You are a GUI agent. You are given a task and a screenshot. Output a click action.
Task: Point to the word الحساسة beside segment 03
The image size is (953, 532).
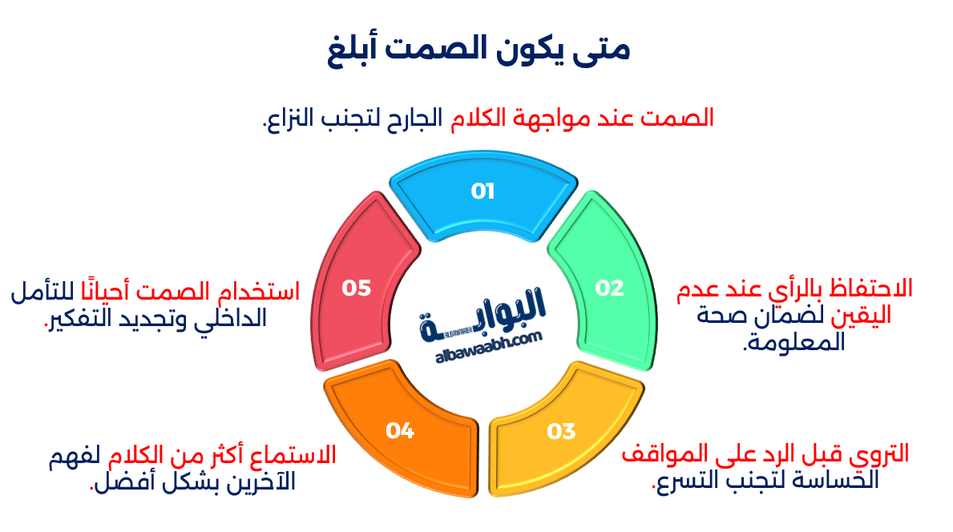coord(842,481)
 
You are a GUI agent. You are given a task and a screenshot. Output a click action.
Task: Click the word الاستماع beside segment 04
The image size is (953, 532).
coord(300,456)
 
